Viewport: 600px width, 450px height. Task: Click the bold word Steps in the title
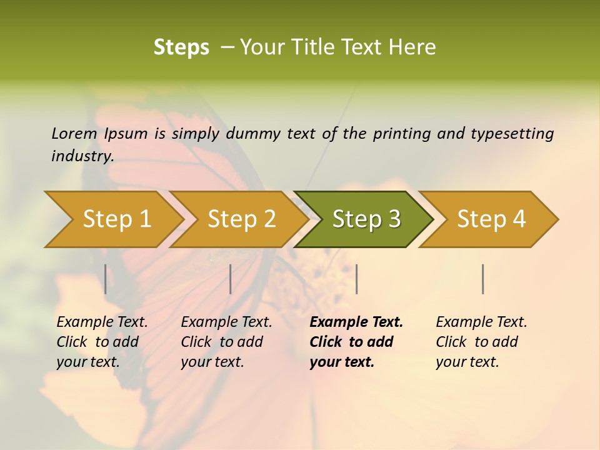(181, 47)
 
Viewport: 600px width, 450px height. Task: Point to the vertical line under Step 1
(106, 279)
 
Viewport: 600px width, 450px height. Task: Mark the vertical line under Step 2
(231, 279)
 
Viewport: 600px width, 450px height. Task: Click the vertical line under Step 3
(356, 279)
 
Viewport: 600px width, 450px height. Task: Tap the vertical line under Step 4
(482, 279)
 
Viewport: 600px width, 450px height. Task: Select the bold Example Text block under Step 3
(356, 342)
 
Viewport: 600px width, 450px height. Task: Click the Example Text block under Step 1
(102, 342)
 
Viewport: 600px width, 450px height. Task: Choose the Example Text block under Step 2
(226, 342)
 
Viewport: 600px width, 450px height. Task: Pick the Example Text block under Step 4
(481, 342)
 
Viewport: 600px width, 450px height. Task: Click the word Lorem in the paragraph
(74, 133)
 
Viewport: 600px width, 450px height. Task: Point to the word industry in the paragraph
(82, 156)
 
